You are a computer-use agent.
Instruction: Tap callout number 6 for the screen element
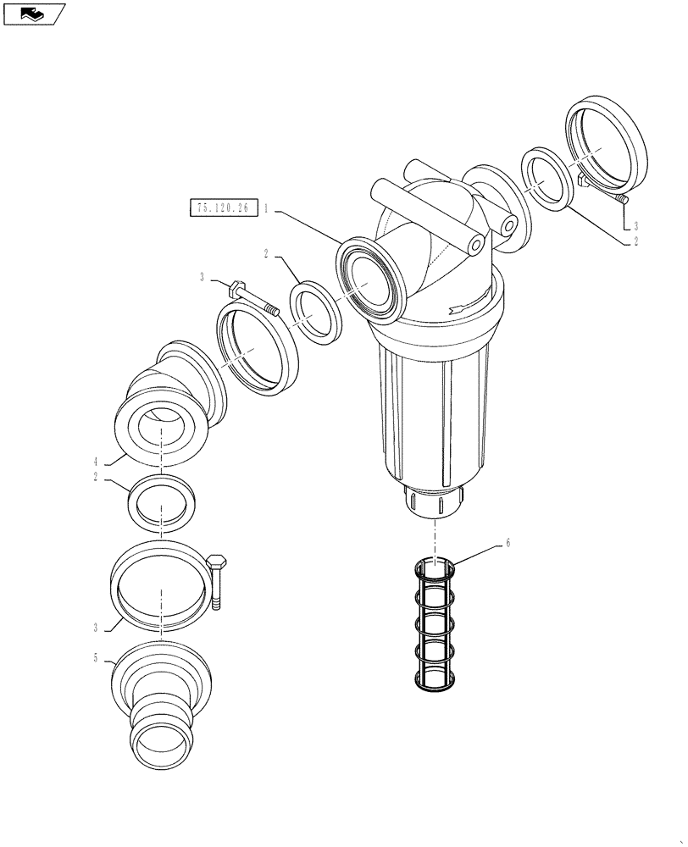[508, 543]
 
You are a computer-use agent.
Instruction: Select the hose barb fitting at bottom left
[161, 703]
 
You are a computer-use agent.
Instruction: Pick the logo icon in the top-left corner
[33, 14]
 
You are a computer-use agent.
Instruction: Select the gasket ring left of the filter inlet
[315, 311]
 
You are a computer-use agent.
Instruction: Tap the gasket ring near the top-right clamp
[548, 179]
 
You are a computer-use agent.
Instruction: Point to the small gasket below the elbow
[161, 507]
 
